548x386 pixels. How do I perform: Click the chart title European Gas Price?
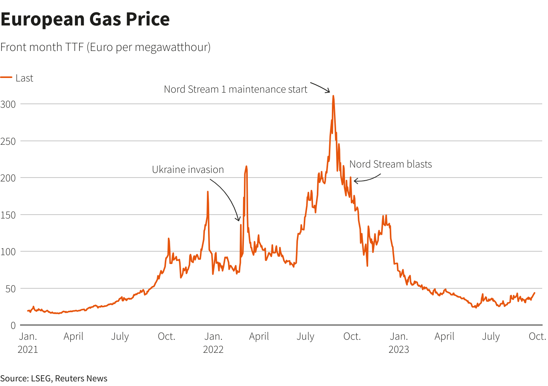coord(85,19)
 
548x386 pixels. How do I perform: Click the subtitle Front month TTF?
coord(105,47)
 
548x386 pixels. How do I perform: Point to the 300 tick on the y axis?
coord(8,104)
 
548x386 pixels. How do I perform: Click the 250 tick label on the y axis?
coord(8,141)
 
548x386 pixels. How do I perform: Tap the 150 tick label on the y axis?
coord(8,215)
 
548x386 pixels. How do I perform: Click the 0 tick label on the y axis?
coord(13,325)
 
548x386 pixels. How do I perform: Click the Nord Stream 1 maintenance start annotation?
coord(235,90)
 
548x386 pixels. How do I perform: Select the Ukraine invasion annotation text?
coord(188,170)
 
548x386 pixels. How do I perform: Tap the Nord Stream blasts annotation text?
coord(391,164)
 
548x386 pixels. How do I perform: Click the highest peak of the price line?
coord(333,96)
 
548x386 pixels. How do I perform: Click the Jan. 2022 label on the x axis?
coord(213,343)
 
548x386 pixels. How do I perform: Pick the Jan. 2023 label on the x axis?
coord(399,343)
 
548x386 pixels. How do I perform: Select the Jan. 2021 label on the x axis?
coord(28,343)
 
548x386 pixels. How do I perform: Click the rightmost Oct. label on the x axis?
coord(537,337)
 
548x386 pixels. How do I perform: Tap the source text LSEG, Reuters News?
coord(54,378)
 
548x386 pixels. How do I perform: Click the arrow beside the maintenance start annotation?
coord(321,87)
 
